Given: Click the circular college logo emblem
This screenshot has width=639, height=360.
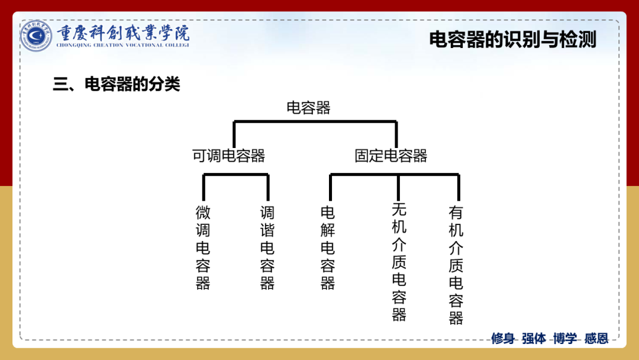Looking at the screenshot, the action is click(x=37, y=36).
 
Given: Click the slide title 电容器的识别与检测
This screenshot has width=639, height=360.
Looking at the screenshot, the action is click(x=512, y=40).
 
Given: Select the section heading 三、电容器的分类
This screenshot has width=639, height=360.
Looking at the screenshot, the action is click(x=116, y=85).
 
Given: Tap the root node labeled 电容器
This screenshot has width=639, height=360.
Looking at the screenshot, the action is click(x=308, y=108).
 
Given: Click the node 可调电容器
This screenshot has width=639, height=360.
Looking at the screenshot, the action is click(x=229, y=156).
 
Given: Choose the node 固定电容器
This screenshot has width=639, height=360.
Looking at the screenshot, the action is click(x=391, y=156).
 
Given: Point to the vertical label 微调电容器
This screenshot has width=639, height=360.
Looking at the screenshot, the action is click(x=203, y=247).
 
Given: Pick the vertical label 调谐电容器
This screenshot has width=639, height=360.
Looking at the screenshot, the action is click(x=267, y=247).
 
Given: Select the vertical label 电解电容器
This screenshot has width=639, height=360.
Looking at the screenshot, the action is click(x=328, y=247).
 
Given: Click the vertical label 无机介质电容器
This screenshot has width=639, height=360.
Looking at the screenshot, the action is click(x=399, y=262).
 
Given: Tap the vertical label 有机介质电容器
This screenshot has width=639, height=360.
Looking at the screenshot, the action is click(x=456, y=265).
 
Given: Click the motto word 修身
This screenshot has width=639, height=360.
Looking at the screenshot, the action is click(x=503, y=339).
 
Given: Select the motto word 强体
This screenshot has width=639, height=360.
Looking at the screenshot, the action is click(x=534, y=339).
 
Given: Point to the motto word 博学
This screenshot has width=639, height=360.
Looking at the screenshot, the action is click(x=565, y=339).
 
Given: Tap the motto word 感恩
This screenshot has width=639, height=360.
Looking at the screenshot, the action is click(x=596, y=339).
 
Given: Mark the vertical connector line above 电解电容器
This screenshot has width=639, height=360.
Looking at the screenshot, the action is click(x=330, y=187).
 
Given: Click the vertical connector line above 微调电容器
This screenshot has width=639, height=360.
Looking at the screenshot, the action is click(x=204, y=187).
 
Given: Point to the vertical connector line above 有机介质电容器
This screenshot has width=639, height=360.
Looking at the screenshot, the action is click(x=458, y=187).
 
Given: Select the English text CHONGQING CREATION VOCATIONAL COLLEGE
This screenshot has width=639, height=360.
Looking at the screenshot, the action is click(x=123, y=45).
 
